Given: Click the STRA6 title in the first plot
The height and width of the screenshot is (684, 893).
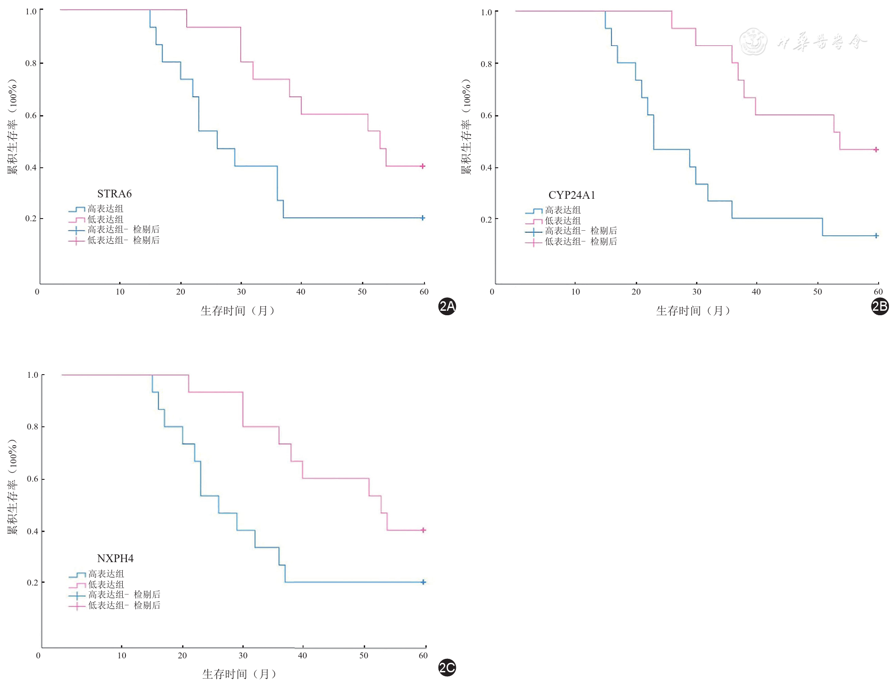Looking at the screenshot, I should (x=114, y=194).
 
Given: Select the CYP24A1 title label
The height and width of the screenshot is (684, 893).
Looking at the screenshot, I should (x=572, y=195).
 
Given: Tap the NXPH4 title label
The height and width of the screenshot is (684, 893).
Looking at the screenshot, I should (x=115, y=559).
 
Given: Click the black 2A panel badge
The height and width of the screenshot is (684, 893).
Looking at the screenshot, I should (x=447, y=306).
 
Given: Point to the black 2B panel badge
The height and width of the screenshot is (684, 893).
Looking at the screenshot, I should (x=880, y=306).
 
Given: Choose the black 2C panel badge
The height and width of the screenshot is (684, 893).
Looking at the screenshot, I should (x=447, y=667).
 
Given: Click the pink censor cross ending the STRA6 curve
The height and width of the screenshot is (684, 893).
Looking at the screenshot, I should (x=423, y=166).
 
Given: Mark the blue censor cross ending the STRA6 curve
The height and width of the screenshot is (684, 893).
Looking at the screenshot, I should (x=423, y=218).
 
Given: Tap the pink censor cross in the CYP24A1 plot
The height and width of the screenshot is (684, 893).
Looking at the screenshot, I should (x=876, y=150).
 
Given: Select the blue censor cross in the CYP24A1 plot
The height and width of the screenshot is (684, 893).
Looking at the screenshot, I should (x=876, y=236).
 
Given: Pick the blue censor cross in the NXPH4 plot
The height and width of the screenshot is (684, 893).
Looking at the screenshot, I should (x=423, y=582).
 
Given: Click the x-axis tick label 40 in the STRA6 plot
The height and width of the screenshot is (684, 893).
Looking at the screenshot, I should (x=301, y=292).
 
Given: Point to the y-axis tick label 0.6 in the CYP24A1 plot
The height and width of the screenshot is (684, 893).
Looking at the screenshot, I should (x=486, y=116).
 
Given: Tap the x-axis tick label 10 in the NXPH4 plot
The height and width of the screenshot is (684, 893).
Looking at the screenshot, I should (x=121, y=656).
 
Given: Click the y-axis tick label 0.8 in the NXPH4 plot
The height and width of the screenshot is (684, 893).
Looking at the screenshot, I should (x=32, y=427).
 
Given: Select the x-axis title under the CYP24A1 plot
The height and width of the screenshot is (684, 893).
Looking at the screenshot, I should (x=692, y=311).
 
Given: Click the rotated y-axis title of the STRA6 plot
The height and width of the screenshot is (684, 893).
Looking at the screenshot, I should (x=13, y=127).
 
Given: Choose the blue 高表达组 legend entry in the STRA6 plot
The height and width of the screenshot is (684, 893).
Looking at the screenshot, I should (x=105, y=209).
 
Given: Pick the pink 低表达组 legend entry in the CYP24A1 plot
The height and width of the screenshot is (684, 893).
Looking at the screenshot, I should (x=563, y=221).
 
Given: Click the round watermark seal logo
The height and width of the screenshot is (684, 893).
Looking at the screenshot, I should (x=753, y=41).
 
